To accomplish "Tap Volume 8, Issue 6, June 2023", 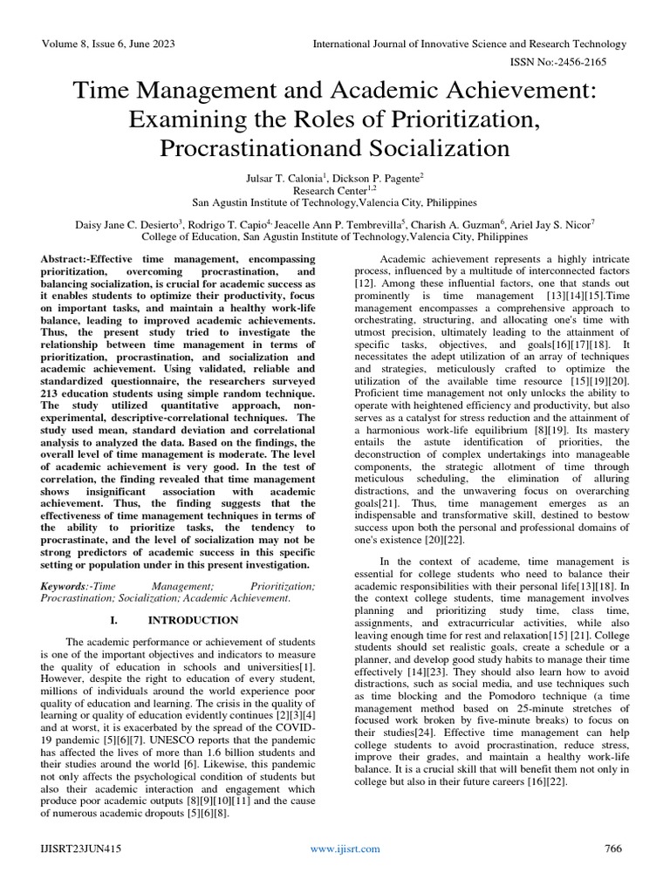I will point(103,44).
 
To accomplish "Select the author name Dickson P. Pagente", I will point(384,177).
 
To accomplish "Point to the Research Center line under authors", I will point(335,188).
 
